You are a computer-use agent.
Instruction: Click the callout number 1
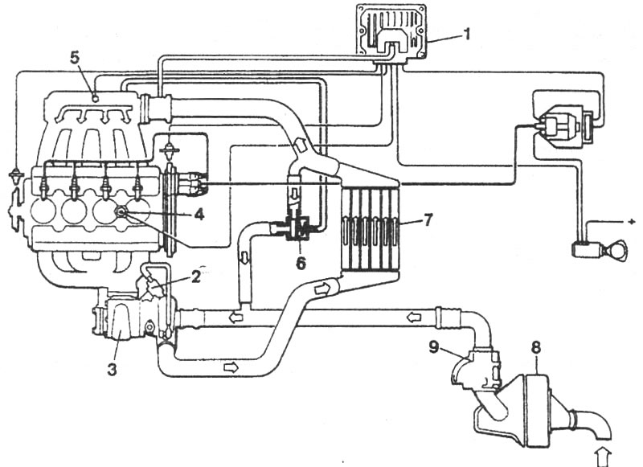[466, 34]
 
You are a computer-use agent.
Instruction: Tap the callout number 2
[195, 277]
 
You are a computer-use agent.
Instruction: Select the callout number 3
[112, 369]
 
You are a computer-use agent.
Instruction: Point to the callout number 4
[199, 215]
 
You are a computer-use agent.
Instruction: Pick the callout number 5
[74, 58]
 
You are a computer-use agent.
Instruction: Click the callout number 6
[301, 264]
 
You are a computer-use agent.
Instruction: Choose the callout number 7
[428, 220]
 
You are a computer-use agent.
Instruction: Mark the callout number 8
[536, 347]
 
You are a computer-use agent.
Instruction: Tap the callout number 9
[434, 347]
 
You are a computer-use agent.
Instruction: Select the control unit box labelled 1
[391, 34]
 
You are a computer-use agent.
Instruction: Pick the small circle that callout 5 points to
[95, 98]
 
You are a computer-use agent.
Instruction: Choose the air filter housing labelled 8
[537, 411]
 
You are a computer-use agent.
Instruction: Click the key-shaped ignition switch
[599, 249]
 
